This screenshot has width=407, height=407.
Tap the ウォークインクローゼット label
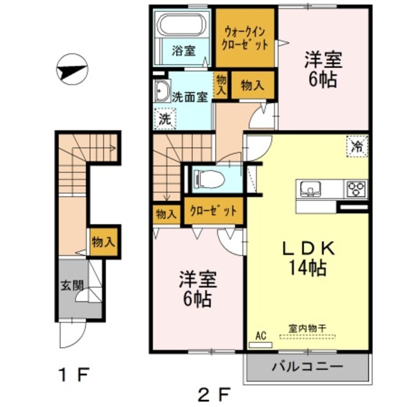pyautogui.click(x=245, y=38)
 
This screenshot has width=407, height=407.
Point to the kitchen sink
pyautogui.click(x=311, y=189)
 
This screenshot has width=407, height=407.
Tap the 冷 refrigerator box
pyautogui.click(x=357, y=147)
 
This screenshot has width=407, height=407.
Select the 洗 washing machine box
pyautogui.click(x=165, y=118)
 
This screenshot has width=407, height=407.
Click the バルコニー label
pyautogui.click(x=308, y=367)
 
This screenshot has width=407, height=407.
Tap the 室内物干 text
pyautogui.click(x=308, y=328)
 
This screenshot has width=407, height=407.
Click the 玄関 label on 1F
pyautogui.click(x=71, y=286)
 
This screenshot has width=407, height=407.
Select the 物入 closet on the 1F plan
pyautogui.click(x=103, y=242)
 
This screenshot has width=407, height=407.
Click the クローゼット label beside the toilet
pyautogui.click(x=212, y=210)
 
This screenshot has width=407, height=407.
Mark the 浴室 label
pyautogui.click(x=184, y=52)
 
